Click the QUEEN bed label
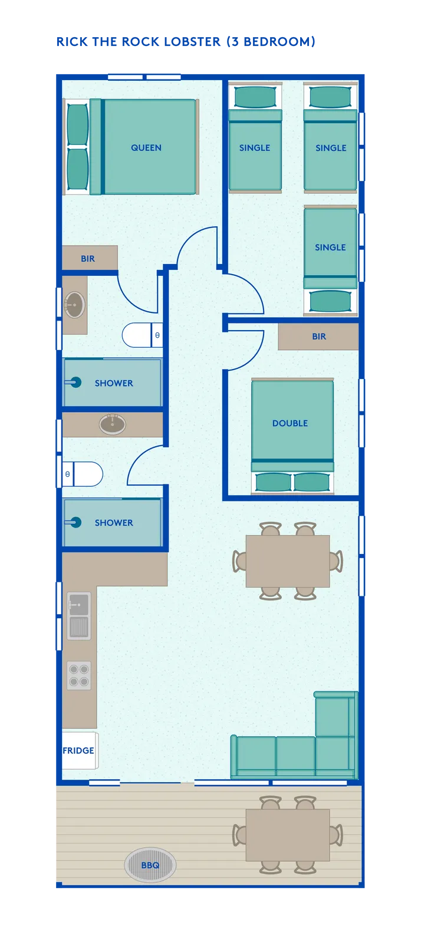(x=146, y=148)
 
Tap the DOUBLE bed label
(x=290, y=423)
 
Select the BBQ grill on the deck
(x=150, y=865)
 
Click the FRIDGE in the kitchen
(x=80, y=751)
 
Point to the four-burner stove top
(x=79, y=675)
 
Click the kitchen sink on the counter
(x=79, y=616)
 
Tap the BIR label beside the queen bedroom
(x=88, y=259)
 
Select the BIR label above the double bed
(x=319, y=337)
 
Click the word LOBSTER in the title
(x=192, y=42)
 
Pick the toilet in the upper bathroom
(x=142, y=335)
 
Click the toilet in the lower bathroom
(x=83, y=474)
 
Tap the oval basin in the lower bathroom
(x=113, y=424)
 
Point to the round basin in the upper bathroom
(x=74, y=304)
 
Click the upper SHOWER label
(x=114, y=383)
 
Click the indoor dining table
(x=288, y=561)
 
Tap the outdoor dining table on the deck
(x=288, y=835)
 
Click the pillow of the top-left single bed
(x=255, y=97)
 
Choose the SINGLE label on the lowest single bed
(x=330, y=248)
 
